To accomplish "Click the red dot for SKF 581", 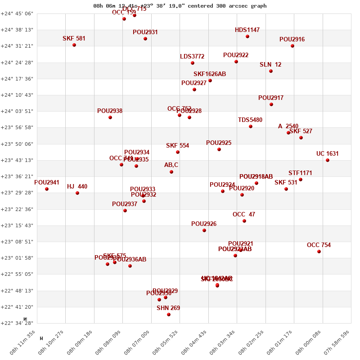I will (x=74, y=45).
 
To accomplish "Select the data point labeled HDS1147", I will (x=247, y=36).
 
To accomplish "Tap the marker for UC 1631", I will (x=328, y=160).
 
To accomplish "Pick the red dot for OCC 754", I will (x=319, y=252).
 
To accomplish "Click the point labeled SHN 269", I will (x=169, y=315).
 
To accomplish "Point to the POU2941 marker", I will (x=47, y=189).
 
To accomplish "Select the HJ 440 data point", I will (x=77, y=193).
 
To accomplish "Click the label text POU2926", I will (x=204, y=224).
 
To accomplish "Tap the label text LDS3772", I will (x=192, y=57).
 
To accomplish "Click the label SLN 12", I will (x=270, y=65).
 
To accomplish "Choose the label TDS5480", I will (x=250, y=120).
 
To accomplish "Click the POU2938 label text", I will (x=110, y=111).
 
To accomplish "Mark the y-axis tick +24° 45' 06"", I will (x=17, y=13).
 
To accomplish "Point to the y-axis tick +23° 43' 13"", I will (x=17, y=160).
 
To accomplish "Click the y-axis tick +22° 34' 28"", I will (x=17, y=323).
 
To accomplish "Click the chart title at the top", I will (x=180, y=6).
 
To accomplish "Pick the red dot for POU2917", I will (x=271, y=104).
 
